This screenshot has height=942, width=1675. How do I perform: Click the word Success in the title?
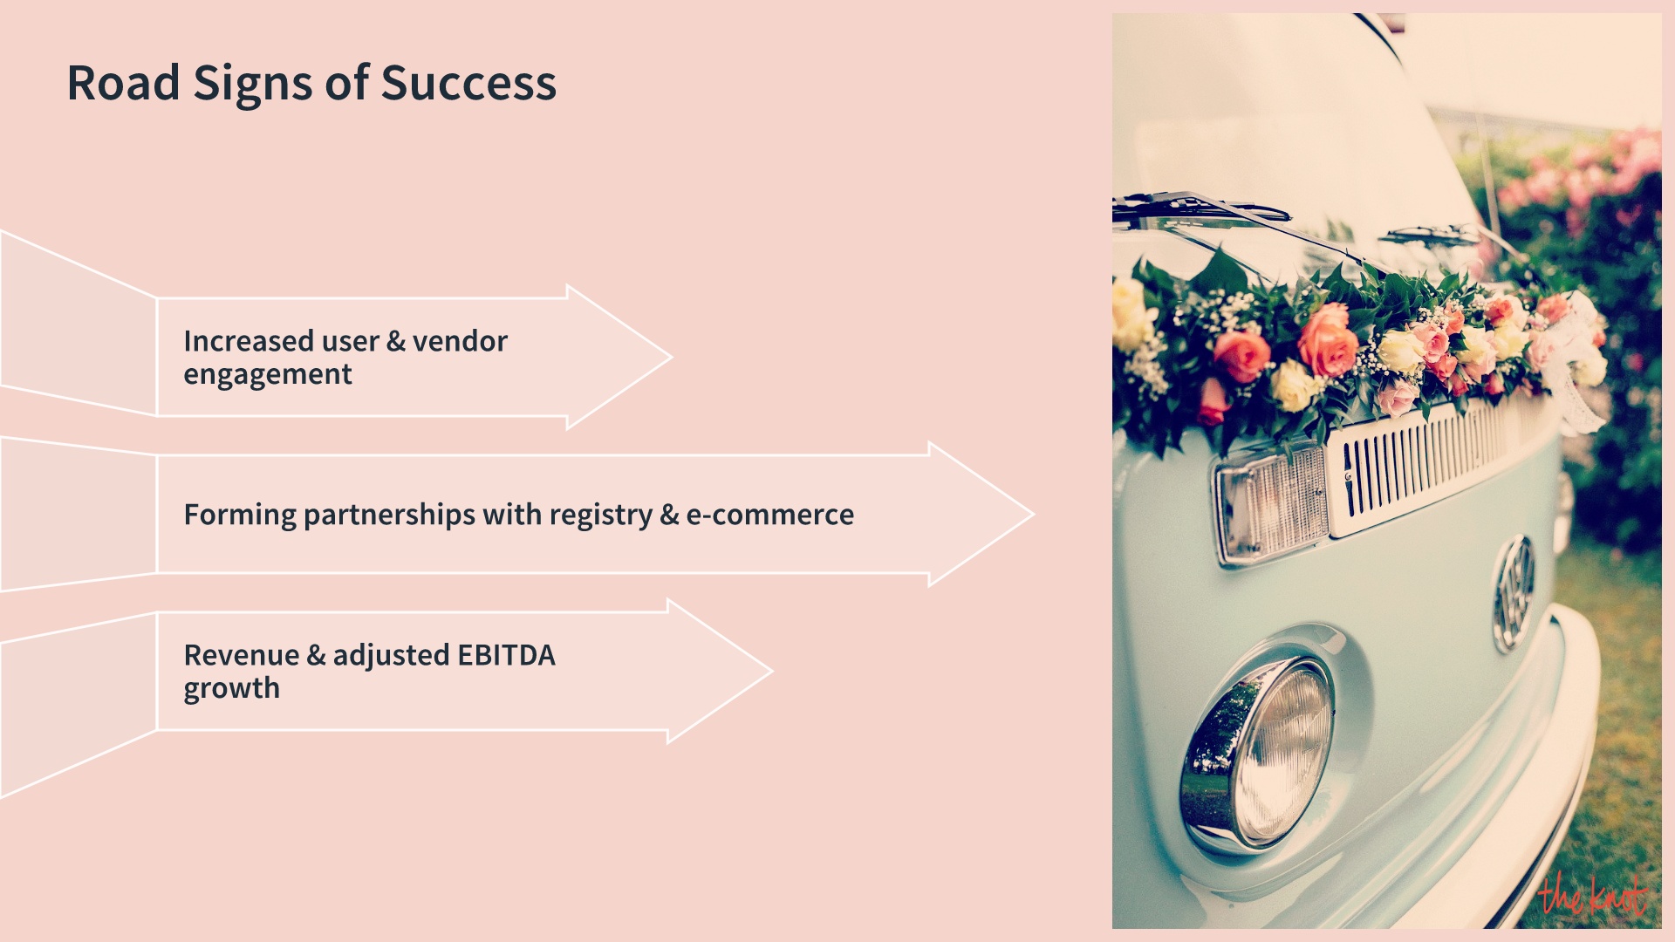(x=468, y=84)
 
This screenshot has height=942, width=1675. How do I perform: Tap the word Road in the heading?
(x=123, y=84)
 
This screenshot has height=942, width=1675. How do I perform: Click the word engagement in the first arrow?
(x=268, y=375)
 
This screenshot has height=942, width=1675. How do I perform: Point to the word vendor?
(x=460, y=341)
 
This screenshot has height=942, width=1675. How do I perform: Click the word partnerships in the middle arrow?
(x=389, y=515)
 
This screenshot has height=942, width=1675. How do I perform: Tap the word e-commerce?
(x=769, y=515)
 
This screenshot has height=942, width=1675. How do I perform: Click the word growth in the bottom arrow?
(x=231, y=689)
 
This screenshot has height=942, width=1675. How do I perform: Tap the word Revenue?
(x=241, y=655)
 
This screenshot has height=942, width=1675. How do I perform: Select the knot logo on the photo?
(x=1591, y=895)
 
